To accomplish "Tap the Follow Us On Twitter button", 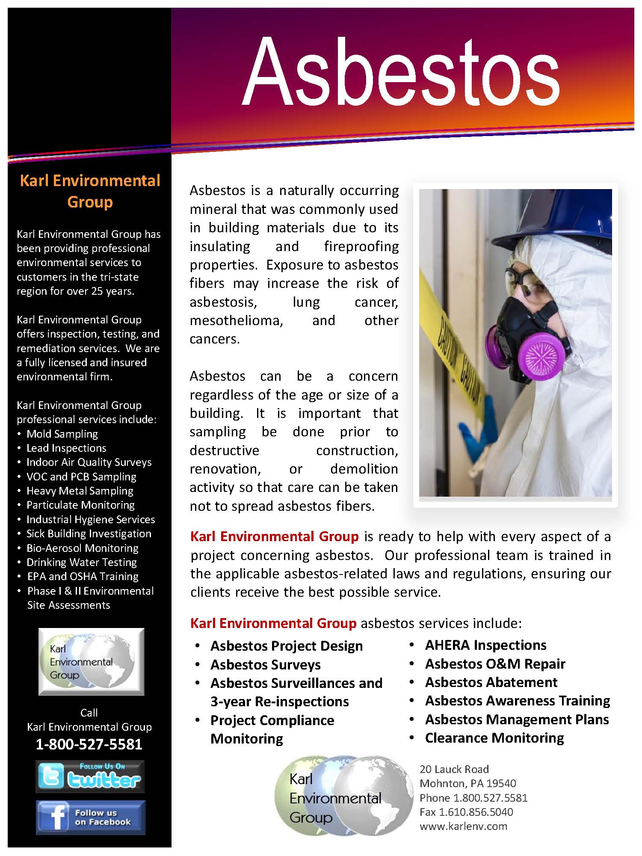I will tap(90, 776).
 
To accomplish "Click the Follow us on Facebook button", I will tap(91, 817).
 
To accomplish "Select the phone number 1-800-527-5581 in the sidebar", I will tap(89, 744).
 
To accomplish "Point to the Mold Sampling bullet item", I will tap(62, 434).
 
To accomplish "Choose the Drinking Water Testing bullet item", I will tap(81, 562).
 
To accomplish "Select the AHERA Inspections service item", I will tap(485, 645).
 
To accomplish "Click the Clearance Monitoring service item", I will tap(494, 738).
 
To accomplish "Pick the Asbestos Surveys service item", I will tap(265, 665).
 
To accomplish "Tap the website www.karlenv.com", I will tap(463, 826).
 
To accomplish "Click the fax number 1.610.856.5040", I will tap(466, 812).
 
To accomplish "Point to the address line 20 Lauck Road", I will tap(454, 769).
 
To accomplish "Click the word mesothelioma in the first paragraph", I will tap(236, 320).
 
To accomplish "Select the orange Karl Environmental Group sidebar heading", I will tap(90, 191).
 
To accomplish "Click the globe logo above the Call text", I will tap(91, 661).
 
